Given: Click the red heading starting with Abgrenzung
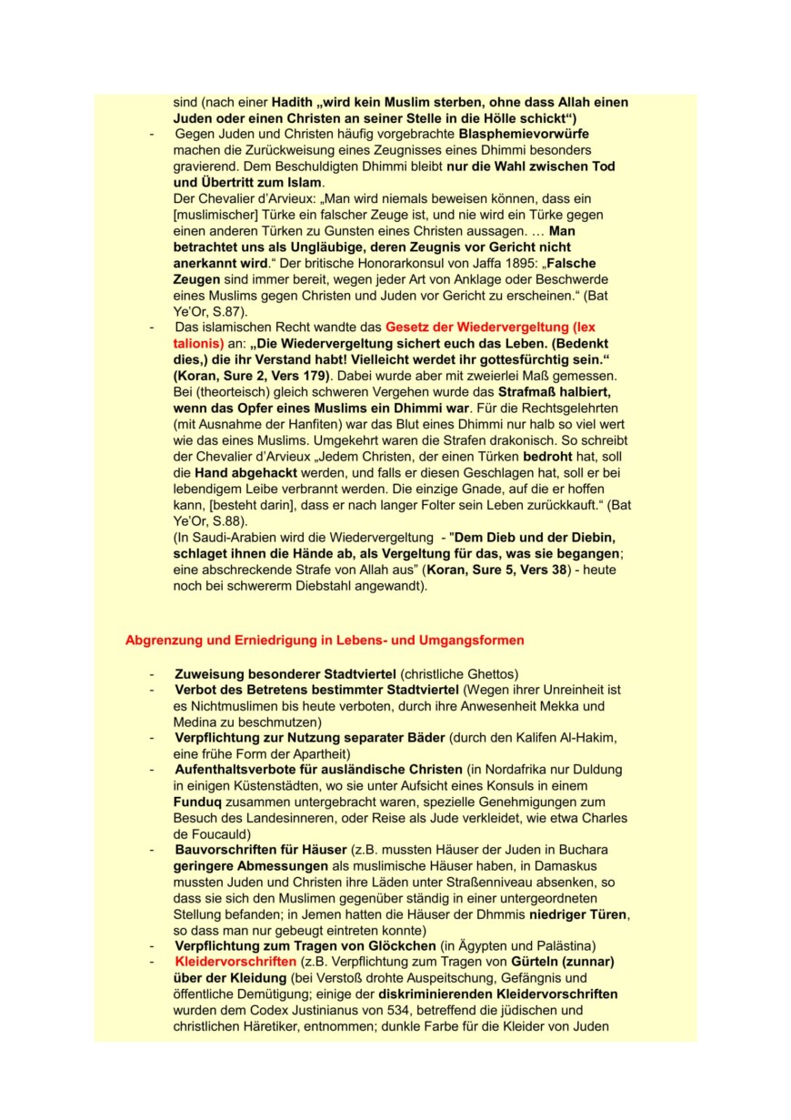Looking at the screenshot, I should point(325,641).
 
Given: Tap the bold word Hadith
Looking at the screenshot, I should point(292,103).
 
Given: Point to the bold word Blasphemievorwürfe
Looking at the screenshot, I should point(524,134).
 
